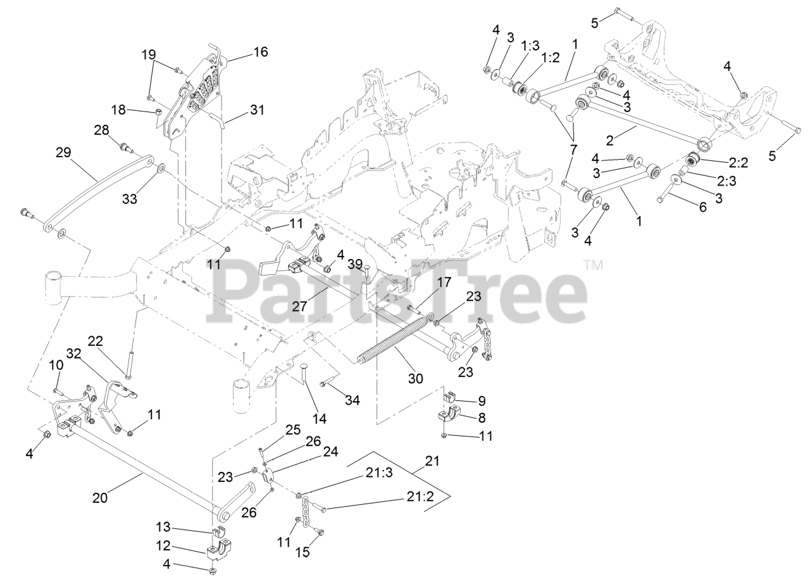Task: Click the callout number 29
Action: [x=63, y=153]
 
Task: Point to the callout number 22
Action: [x=95, y=341]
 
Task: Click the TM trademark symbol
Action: [x=593, y=265]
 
